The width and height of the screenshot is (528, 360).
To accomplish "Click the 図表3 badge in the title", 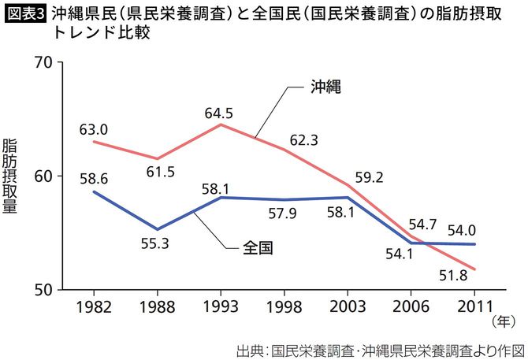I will (24, 13).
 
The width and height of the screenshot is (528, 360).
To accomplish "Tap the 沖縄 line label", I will (324, 87).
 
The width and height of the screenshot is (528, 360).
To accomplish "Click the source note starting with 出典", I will (379, 348).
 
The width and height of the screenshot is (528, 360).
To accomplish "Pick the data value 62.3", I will (303, 141).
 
